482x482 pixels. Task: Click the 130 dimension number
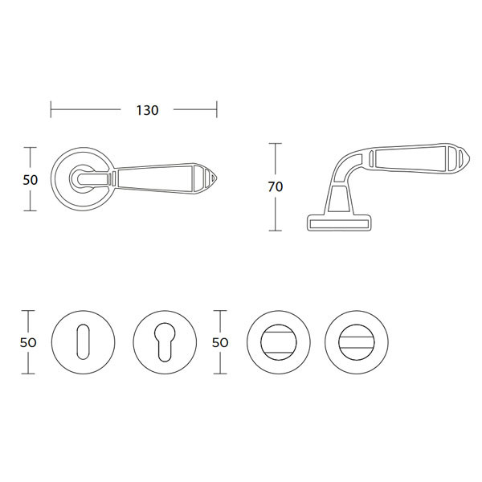pos(147,110)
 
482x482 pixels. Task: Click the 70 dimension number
pos(275,186)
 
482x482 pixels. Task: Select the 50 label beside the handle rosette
pos(31,180)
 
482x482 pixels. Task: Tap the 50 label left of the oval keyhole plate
pos(28,342)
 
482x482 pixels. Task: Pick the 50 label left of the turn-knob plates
pos(220,342)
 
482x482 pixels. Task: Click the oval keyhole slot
pos(83,341)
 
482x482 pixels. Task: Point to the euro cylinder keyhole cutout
pos(165,341)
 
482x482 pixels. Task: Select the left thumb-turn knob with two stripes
pos(279,342)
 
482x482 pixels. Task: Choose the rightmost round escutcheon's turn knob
pos(357,342)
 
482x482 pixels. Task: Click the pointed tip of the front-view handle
pos(217,179)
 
